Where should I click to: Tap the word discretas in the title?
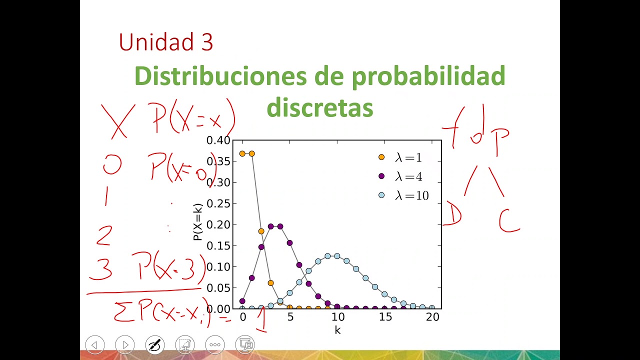point(319,107)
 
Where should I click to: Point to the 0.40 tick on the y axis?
point(219,140)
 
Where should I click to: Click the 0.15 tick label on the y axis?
point(219,245)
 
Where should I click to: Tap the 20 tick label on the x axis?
point(432,317)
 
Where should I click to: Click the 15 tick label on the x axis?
point(385,317)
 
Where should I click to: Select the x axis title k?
point(338,330)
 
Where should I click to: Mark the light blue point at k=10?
point(337,256)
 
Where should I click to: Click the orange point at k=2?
point(261,231)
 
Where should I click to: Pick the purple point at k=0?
point(242,301)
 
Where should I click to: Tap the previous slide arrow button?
point(94,344)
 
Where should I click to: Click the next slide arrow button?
point(125,344)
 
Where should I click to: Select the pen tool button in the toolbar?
point(155,344)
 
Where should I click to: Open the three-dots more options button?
point(215,344)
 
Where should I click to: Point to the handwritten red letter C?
point(508,222)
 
